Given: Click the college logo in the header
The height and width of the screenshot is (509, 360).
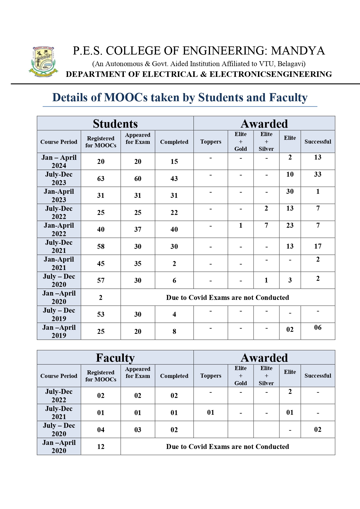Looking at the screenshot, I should [x=43, y=62].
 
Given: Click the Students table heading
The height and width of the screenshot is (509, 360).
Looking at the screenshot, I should [x=115, y=124].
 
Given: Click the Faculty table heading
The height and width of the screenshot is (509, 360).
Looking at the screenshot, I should [x=115, y=358].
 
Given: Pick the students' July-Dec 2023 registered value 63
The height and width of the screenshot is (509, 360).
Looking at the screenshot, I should [x=101, y=179].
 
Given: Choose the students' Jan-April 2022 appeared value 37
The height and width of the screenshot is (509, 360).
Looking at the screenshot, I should [x=138, y=229].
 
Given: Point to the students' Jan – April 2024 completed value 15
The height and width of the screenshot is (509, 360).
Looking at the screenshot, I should [x=174, y=162].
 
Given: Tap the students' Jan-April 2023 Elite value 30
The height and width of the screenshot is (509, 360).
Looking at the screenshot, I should [x=290, y=191].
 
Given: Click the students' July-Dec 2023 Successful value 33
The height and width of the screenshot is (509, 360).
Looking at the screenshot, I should [x=318, y=174].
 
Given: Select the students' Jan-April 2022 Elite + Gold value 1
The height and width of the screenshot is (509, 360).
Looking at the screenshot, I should [x=240, y=225].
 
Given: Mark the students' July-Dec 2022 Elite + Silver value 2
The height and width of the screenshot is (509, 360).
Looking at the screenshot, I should [x=266, y=208].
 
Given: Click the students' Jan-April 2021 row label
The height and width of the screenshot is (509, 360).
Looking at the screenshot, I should [x=59, y=263].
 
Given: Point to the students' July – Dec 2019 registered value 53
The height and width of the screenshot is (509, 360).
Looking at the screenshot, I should [x=101, y=314].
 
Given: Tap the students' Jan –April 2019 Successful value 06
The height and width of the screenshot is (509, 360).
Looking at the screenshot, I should [x=318, y=327].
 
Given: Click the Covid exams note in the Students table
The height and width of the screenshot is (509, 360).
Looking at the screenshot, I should [x=227, y=298].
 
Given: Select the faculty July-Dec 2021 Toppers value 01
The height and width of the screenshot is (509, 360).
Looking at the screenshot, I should [x=211, y=412].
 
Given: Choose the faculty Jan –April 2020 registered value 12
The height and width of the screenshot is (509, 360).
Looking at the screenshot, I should [x=101, y=447].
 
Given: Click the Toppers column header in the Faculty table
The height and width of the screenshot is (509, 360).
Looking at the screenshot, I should [x=211, y=376].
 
